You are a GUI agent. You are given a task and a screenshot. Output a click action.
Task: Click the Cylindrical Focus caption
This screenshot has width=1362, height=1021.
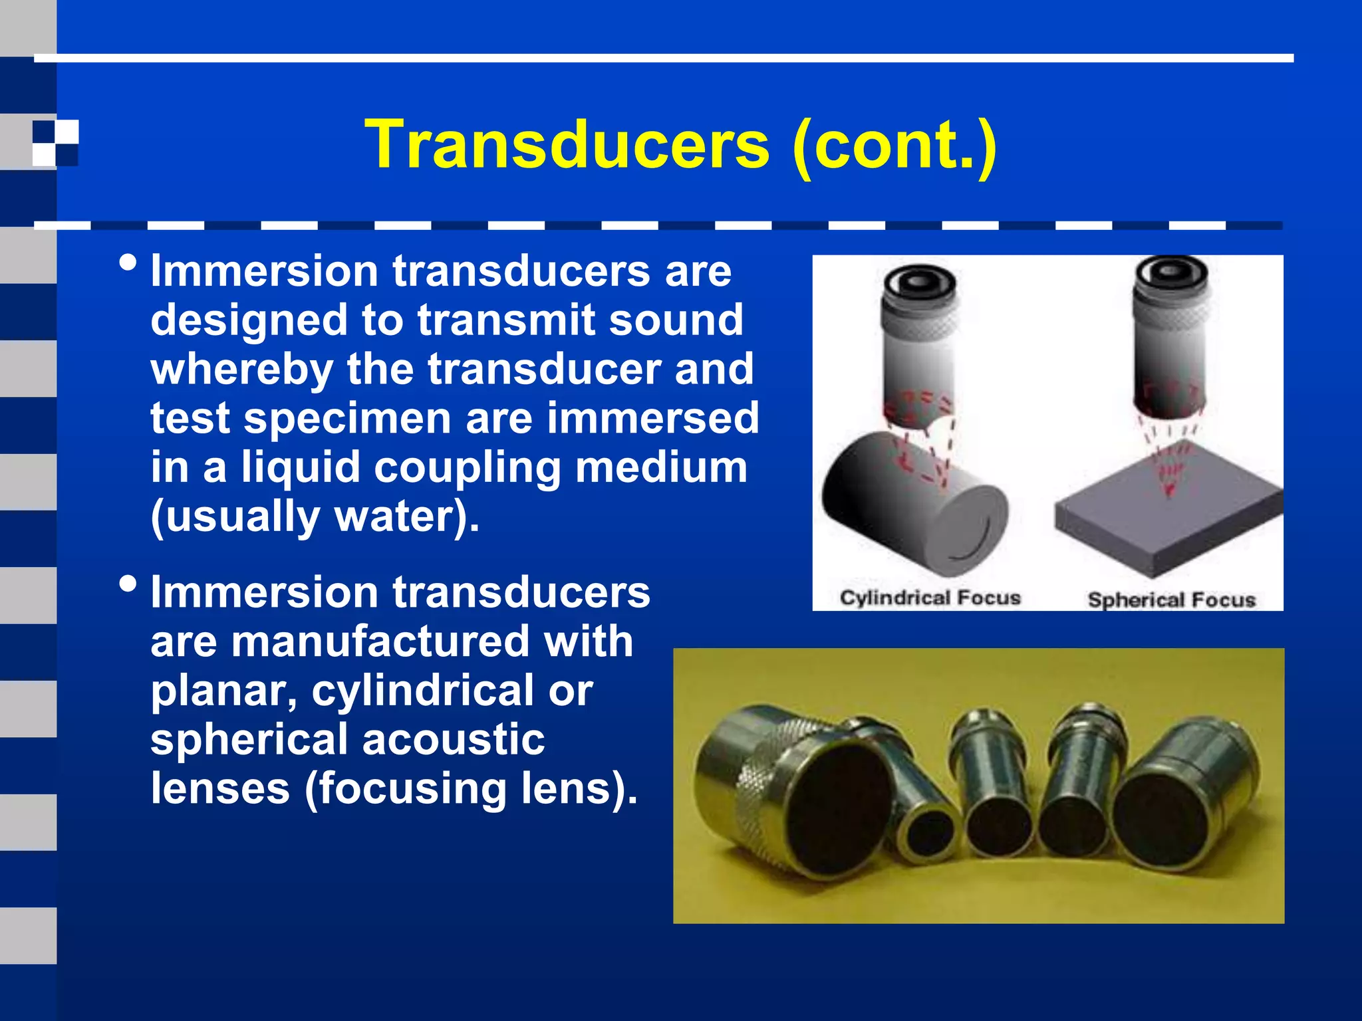tap(930, 598)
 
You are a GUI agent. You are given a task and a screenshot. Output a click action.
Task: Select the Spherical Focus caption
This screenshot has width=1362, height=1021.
tap(1171, 600)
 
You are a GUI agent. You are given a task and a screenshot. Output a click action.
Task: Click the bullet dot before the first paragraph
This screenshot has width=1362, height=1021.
tap(128, 263)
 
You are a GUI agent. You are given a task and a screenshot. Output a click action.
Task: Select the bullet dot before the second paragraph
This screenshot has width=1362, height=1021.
tap(128, 584)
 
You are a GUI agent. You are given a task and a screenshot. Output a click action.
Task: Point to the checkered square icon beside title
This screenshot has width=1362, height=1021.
tap(55, 143)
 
